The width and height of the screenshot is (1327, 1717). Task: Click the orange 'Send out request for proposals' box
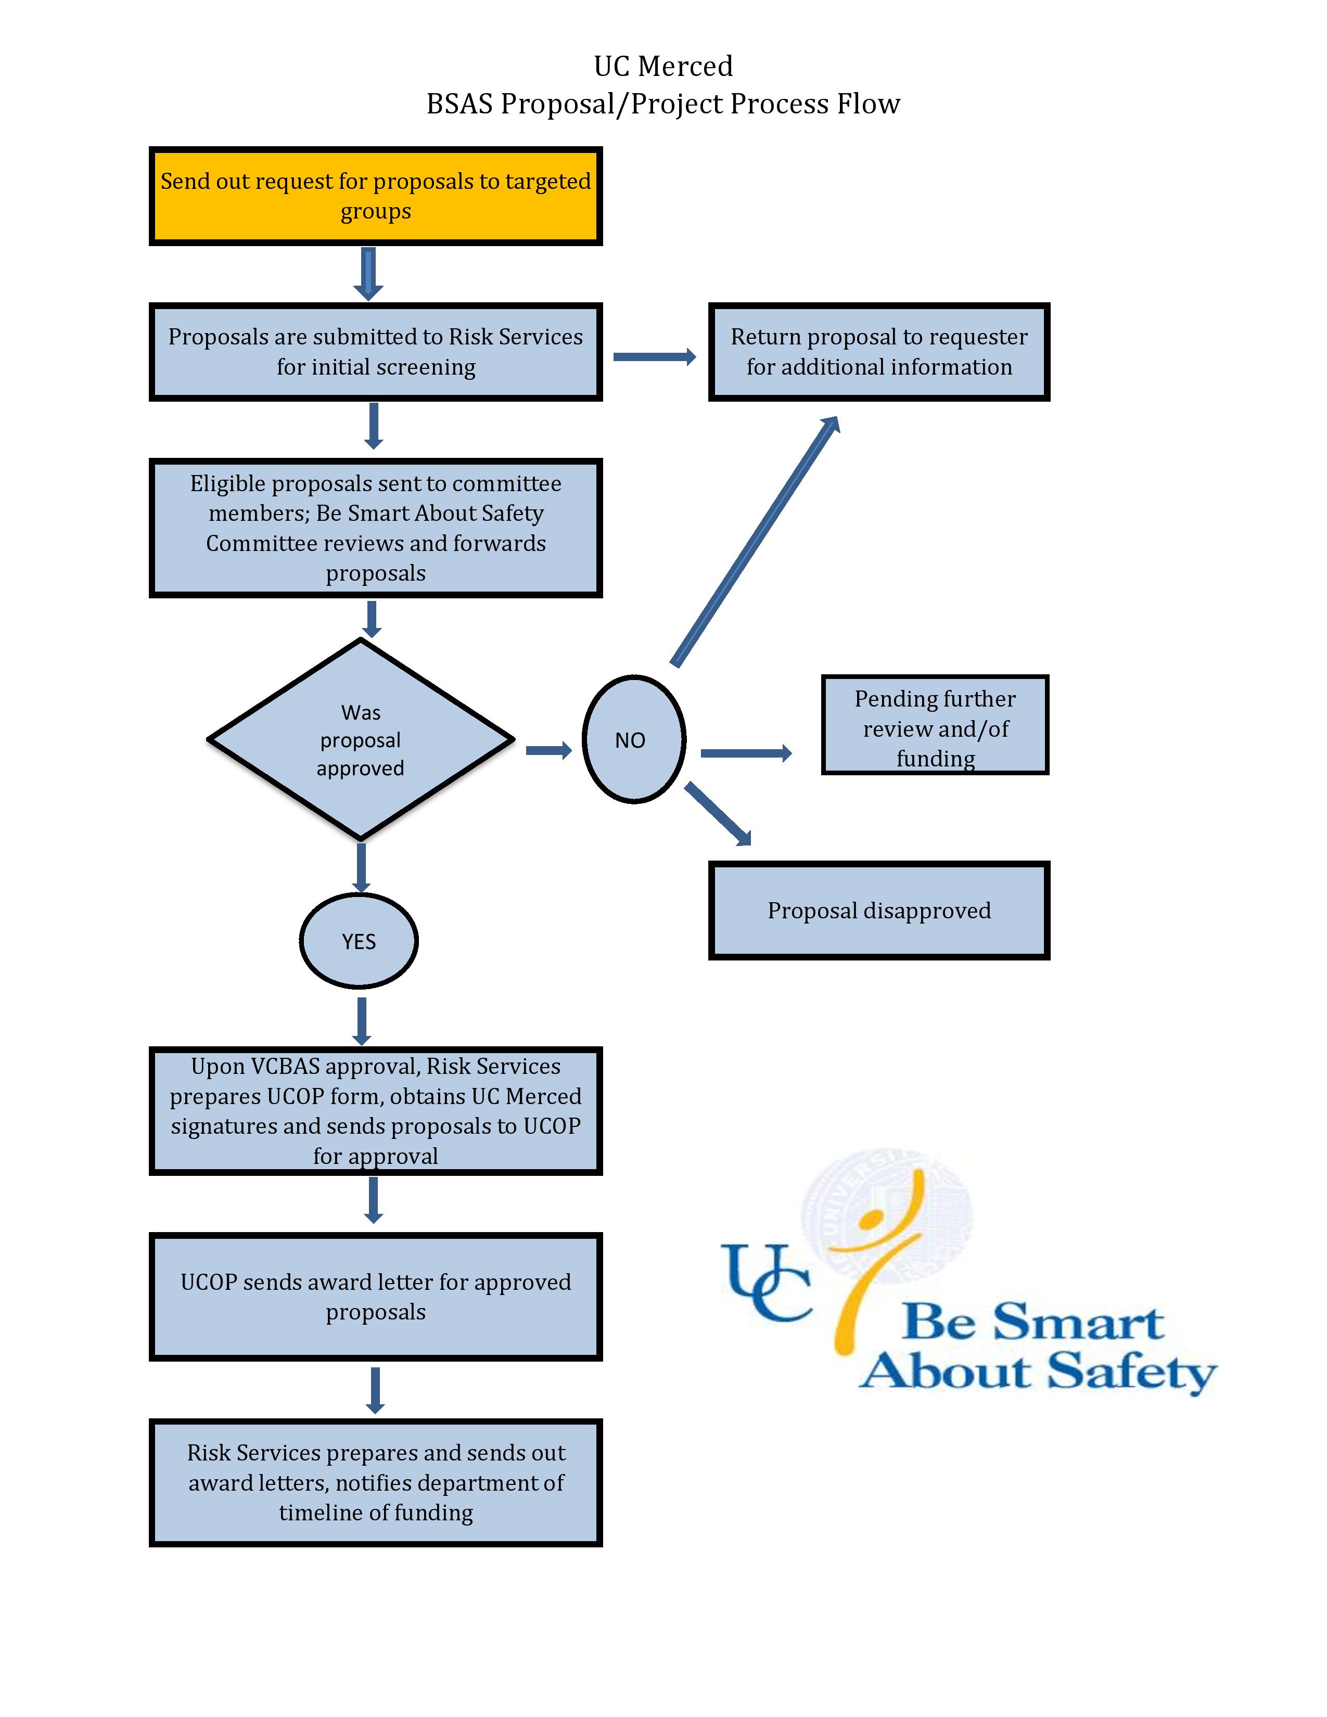click(x=376, y=196)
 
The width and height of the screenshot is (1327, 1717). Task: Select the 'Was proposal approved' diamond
click(x=361, y=739)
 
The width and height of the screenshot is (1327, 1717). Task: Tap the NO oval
click(x=634, y=739)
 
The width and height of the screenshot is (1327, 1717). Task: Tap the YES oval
click(x=359, y=941)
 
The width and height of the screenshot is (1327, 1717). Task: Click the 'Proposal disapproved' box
click(x=879, y=911)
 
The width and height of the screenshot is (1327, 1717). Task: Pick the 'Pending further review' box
click(x=935, y=725)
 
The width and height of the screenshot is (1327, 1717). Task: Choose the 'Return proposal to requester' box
click(x=879, y=351)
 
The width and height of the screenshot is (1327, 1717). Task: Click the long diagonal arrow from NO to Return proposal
click(x=755, y=541)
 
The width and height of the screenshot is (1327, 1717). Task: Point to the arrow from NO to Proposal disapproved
click(x=718, y=814)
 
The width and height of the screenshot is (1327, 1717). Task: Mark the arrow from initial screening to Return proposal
click(x=655, y=357)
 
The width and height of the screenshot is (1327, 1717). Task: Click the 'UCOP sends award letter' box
click(x=376, y=1297)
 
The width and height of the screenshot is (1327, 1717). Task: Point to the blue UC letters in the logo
click(x=767, y=1282)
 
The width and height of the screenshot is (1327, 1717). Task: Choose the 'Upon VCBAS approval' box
click(x=376, y=1111)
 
